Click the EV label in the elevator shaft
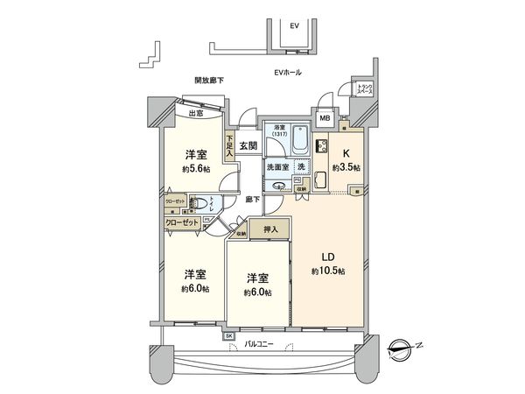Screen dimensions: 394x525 click(295, 26)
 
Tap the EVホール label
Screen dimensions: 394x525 click(287, 72)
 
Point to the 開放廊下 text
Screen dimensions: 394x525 click(209, 81)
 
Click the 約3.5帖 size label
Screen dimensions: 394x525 click(346, 166)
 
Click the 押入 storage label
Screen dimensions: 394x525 click(270, 229)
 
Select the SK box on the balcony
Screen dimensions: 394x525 click(229, 336)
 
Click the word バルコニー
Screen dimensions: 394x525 click(259, 345)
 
